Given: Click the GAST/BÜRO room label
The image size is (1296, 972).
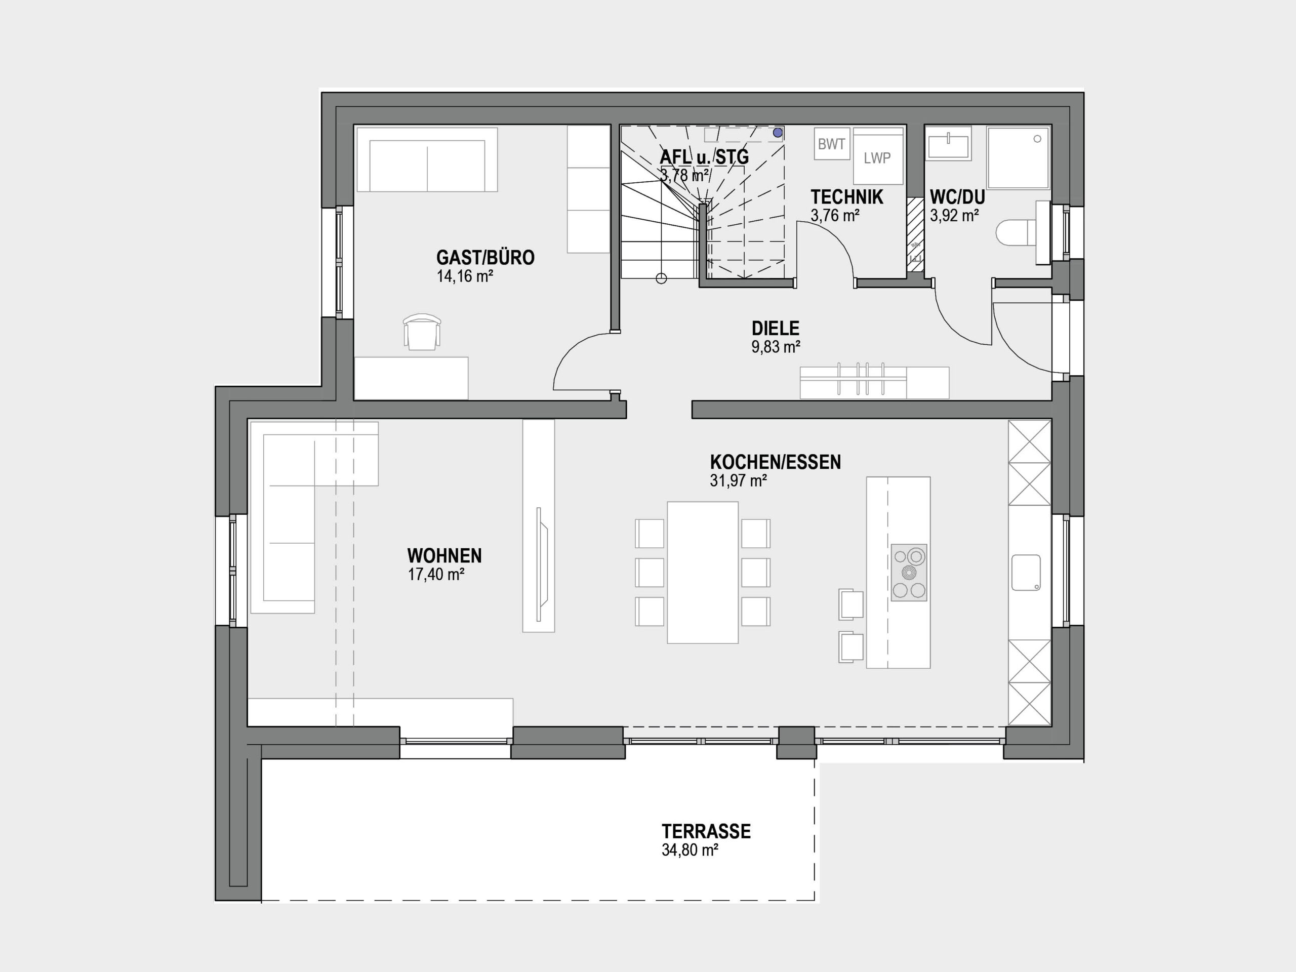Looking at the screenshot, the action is tap(485, 258).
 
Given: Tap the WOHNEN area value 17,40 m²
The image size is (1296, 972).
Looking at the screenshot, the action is tap(436, 575).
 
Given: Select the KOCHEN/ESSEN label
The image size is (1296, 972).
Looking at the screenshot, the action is tap(775, 462).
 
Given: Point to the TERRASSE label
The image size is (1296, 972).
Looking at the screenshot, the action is tap(706, 831).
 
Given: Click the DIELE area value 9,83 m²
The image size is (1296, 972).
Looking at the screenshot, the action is tap(776, 347).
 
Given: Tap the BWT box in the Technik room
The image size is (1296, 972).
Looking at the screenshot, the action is tap(831, 144).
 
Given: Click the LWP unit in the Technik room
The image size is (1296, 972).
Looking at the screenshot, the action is tap(877, 156).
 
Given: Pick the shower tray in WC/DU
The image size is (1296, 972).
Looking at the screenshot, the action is tap(1018, 157).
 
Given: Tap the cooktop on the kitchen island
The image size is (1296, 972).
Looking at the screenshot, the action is tap(909, 573).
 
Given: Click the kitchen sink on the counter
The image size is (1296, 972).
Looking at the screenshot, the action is tap(1026, 573).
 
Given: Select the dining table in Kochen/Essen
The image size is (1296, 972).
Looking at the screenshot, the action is tap(703, 573).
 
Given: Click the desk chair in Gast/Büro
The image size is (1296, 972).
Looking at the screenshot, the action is tap(422, 332).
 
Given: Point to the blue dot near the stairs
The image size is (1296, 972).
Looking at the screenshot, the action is tap(778, 133).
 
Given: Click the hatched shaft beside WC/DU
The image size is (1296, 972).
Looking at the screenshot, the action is tap(915, 234).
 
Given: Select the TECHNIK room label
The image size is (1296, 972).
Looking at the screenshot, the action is tap(846, 197).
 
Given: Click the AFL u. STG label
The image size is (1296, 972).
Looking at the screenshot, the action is tap(704, 157).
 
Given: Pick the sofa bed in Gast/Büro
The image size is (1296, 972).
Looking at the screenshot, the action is tap(427, 159).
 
